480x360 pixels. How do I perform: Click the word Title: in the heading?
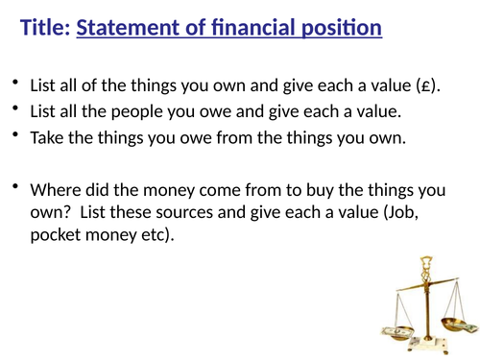pyautogui.click(x=44, y=30)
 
